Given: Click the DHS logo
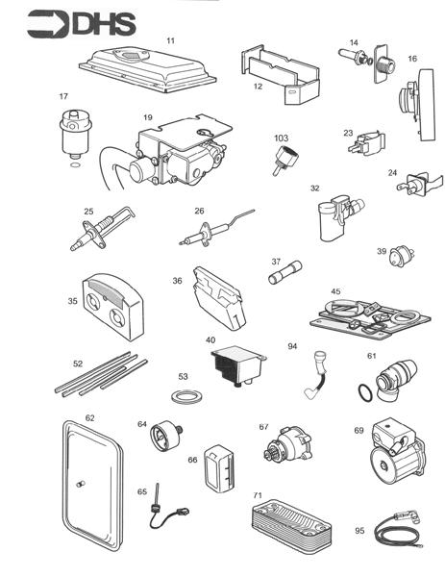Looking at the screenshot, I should (x=82, y=23).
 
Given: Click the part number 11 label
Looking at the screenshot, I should (x=170, y=40).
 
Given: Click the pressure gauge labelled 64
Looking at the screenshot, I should (x=163, y=441).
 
